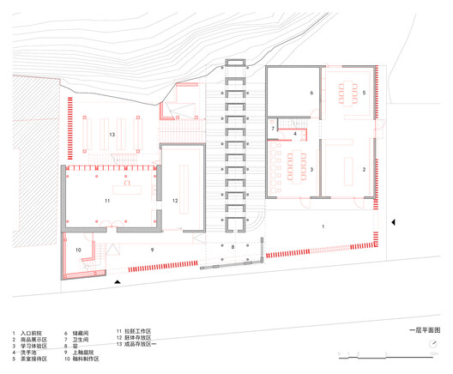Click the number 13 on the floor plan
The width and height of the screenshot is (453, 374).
[x=112, y=135]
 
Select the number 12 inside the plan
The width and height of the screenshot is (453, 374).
[x=174, y=201]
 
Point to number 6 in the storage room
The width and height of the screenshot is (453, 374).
[x=311, y=92]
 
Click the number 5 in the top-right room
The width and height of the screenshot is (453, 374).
[x=364, y=91]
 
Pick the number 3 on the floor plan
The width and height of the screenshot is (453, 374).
[x=311, y=171]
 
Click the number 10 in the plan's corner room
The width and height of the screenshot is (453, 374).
[x=78, y=250]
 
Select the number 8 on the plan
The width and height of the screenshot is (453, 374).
[x=232, y=247]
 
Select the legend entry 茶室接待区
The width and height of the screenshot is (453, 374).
[x=35, y=359]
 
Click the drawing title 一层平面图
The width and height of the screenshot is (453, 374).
[x=424, y=330]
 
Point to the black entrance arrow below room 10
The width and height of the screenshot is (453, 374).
[x=118, y=280]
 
